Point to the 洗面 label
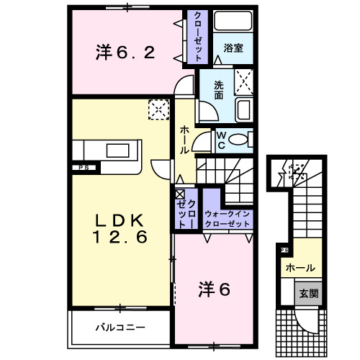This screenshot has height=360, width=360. click(218, 89)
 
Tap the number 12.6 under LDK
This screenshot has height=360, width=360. click(119, 236)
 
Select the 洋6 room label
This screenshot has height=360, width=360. click(214, 289)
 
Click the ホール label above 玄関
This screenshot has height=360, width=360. click(300, 268)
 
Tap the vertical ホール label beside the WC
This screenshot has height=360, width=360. click(184, 140)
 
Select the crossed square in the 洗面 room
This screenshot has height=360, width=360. click(244, 82)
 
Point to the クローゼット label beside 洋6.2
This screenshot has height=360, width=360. click(194, 36)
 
